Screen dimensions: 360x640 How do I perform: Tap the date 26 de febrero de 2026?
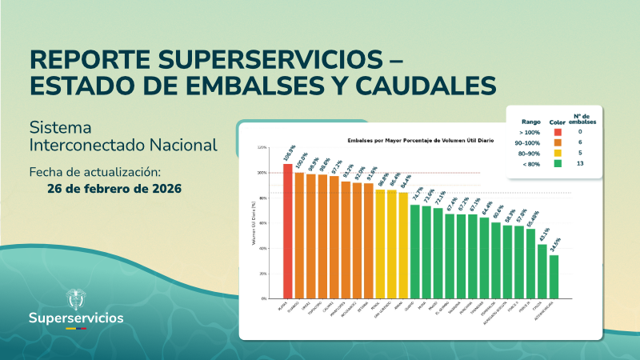pos(114,189)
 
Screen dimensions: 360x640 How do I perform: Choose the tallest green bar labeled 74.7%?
pos(415,250)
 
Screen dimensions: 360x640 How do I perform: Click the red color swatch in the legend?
pos(557,131)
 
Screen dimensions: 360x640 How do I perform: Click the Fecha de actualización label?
pos(95,172)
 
